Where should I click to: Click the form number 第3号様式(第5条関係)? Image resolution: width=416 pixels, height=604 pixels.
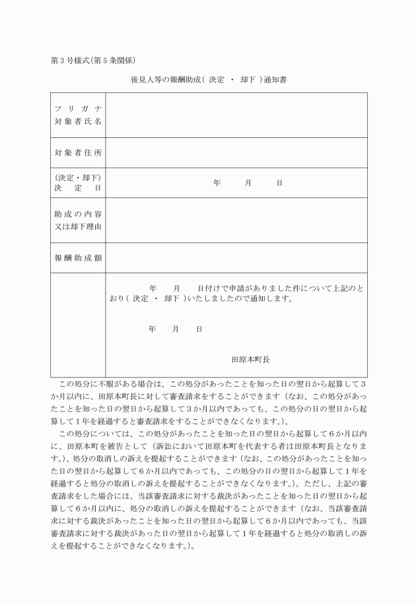[x=93, y=61]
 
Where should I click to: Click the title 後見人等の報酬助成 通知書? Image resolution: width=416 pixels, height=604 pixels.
[x=208, y=81]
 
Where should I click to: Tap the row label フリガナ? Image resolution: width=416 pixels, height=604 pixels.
[x=78, y=108]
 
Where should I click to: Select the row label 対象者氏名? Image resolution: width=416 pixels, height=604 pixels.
[x=78, y=121]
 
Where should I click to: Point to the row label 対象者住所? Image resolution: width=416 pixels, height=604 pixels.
[x=78, y=153]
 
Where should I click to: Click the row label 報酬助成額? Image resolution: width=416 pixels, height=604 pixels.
[x=78, y=257]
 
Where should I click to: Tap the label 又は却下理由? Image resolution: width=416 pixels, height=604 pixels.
[x=78, y=228]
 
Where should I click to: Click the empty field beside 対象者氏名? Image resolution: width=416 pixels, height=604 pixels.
[x=236, y=116]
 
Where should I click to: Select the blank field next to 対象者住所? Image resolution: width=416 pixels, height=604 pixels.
[x=236, y=153]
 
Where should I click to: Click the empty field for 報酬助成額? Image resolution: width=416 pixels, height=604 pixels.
[x=236, y=257]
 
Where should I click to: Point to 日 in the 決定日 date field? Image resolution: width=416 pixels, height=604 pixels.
[x=279, y=183]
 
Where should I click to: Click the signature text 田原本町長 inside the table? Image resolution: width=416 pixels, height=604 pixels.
[x=250, y=360]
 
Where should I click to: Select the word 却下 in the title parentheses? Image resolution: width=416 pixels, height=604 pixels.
[x=249, y=81]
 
